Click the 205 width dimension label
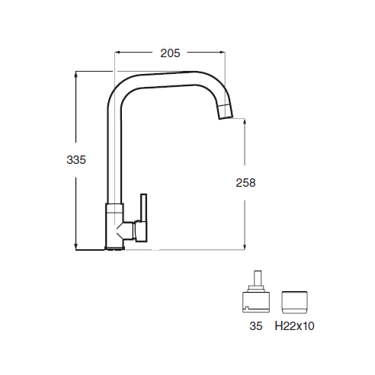coord(170,53)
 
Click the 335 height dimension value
coord(76,160)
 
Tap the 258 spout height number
coord(245,183)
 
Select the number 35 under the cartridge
coord(256,326)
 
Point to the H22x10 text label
coord(294,326)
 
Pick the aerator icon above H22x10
coord(295,303)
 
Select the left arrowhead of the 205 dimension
coord(117,53)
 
